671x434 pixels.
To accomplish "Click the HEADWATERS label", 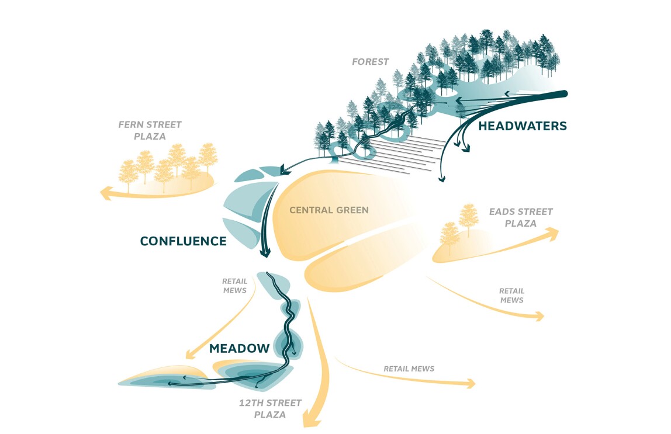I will (523, 126).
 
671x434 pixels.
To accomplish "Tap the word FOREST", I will (371, 62).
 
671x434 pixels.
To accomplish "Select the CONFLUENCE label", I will (183, 241).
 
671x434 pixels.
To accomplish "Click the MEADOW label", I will (239, 349).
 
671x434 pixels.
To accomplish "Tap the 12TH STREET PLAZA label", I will (270, 409).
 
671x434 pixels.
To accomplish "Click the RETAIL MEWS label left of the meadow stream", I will (234, 285).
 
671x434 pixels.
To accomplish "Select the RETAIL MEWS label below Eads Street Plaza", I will (511, 295).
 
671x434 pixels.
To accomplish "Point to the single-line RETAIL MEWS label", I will (409, 369).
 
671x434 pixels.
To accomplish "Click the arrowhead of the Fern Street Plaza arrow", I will (105, 193).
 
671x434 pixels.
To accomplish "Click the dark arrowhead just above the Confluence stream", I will (286, 170).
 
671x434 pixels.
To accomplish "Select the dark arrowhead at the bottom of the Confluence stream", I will (265, 252).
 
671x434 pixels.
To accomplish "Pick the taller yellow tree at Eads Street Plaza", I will (468, 219).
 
